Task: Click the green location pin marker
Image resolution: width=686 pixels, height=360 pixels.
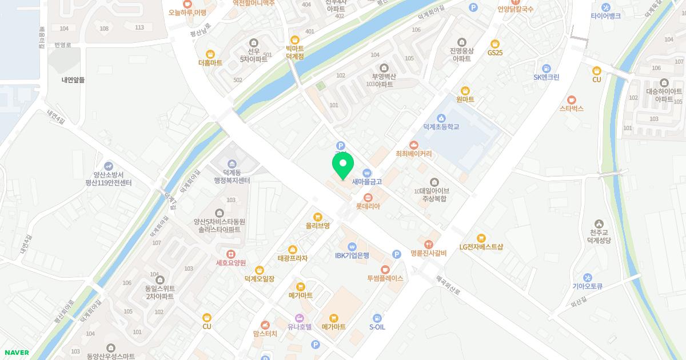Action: pyautogui.click(x=342, y=165)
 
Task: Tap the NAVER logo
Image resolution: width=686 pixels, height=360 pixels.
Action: pyautogui.click(x=17, y=353)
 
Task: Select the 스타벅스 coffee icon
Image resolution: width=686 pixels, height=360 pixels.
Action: pyautogui.click(x=571, y=99)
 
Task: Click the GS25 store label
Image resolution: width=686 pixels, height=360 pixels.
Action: pyautogui.click(x=495, y=53)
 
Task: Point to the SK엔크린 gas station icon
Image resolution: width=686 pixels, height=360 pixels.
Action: pyautogui.click(x=546, y=68)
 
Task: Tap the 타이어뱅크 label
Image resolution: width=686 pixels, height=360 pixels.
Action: pyautogui.click(x=605, y=16)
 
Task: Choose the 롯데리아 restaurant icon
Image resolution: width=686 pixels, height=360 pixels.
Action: pyautogui.click(x=368, y=198)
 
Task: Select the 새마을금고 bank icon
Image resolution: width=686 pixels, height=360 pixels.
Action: pyautogui.click(x=366, y=173)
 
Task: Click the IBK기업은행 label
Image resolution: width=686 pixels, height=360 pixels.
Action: pyautogui.click(x=352, y=255)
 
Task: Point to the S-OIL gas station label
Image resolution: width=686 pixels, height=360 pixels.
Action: pyautogui.click(x=377, y=327)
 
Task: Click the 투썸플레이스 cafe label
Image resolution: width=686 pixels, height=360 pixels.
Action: pyautogui.click(x=385, y=278)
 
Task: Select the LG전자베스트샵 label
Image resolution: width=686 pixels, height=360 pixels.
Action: pyautogui.click(x=481, y=247)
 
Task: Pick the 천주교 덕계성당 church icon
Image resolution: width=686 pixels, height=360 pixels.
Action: pyautogui.click(x=598, y=223)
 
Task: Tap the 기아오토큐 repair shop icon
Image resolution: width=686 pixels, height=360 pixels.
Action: pyautogui.click(x=588, y=278)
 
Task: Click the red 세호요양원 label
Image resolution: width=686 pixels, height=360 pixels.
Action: pyautogui.click(x=230, y=263)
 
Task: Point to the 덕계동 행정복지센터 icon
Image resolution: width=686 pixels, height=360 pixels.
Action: pyautogui.click(x=232, y=165)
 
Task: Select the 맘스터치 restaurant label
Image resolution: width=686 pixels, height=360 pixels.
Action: pyautogui.click(x=265, y=334)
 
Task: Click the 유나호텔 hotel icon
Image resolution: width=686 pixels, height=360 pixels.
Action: pyautogui.click(x=299, y=318)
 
